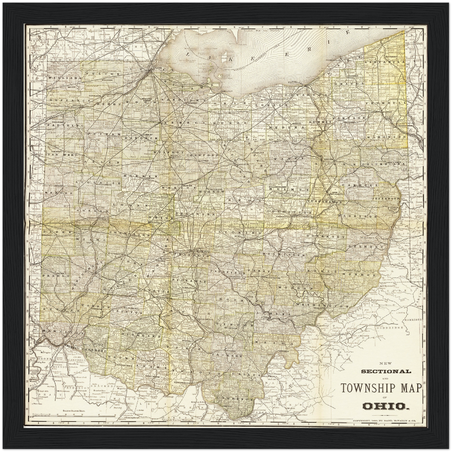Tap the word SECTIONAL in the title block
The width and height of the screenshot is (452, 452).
pos(386,371)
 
